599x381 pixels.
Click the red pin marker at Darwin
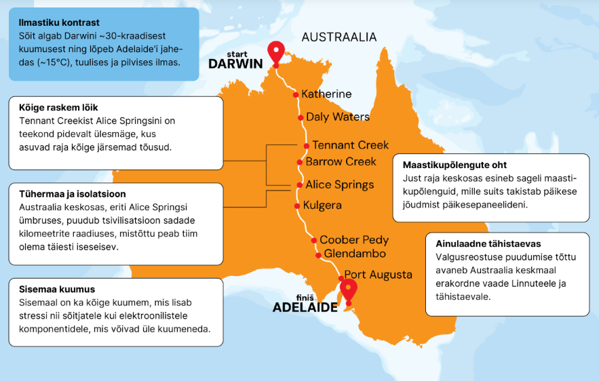point(275,52)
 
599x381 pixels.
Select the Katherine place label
point(326,94)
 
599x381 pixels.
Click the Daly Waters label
point(337,117)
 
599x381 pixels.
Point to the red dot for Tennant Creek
point(306,146)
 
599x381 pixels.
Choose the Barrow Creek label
point(341,161)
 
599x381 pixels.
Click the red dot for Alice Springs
point(299,184)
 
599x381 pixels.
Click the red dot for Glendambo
point(317,255)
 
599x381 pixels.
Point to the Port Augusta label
point(378,275)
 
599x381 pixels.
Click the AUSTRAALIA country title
point(339,37)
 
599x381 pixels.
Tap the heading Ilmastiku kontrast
point(59,22)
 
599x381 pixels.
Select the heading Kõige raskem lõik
point(59,108)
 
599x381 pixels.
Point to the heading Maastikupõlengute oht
point(455,165)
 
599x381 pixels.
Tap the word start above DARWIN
point(239,53)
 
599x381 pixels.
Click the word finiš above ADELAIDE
point(305,297)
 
